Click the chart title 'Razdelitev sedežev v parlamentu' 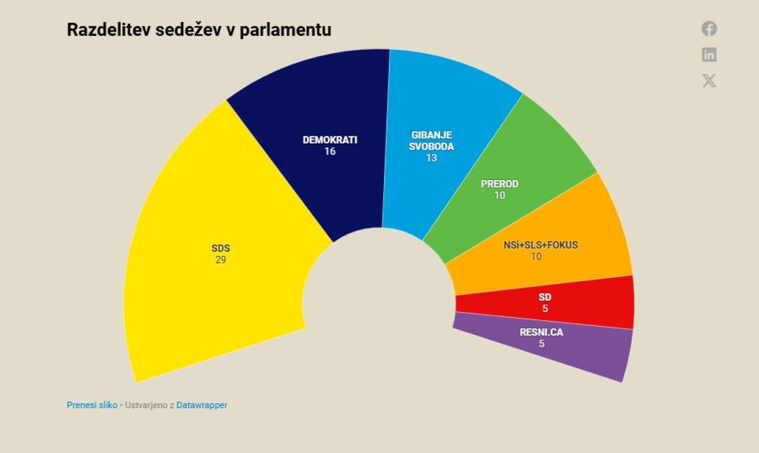click(199, 30)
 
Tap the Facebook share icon click(709, 28)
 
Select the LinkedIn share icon click(709, 55)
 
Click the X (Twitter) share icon click(709, 81)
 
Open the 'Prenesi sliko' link click(92, 405)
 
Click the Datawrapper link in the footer click(202, 405)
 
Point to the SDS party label click(220, 248)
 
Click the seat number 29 click(220, 260)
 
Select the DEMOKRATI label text click(330, 140)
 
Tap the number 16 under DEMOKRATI click(330, 152)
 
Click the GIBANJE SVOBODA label click(431, 140)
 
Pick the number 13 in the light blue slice click(431, 158)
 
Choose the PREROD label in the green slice click(500, 184)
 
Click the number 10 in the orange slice click(536, 257)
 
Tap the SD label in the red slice click(545, 297)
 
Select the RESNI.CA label click(541, 332)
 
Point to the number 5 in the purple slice click(541, 343)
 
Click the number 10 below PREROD click(500, 196)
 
